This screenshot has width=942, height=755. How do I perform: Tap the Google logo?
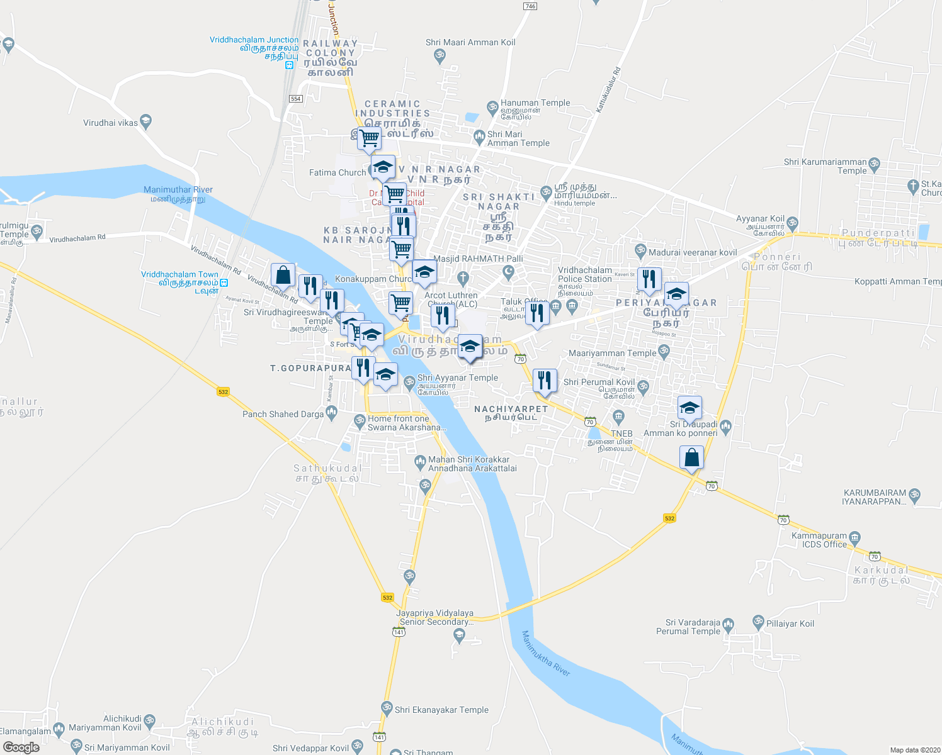coord(21,747)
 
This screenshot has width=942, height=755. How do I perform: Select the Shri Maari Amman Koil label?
coord(470,42)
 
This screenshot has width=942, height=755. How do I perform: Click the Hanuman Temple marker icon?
coord(492,108)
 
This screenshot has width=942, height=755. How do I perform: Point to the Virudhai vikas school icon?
coord(146,122)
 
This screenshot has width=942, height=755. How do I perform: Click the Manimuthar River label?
coord(178,189)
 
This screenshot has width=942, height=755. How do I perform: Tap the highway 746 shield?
coord(530,6)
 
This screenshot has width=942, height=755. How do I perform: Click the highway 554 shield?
coord(296,99)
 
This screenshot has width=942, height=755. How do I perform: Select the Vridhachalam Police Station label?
coord(584,274)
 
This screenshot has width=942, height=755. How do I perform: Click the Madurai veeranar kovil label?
coord(692,252)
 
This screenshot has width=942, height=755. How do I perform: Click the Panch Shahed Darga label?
coord(283,414)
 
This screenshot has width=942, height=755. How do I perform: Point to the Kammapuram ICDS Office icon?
coord(854,537)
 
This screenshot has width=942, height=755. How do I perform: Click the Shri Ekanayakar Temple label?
coord(441,710)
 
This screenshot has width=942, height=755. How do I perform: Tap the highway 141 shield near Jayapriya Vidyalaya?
coord(398,632)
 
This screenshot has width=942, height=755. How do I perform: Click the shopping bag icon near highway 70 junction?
coord(691,457)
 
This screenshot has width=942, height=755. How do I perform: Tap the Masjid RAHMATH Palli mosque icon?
coord(509,272)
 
